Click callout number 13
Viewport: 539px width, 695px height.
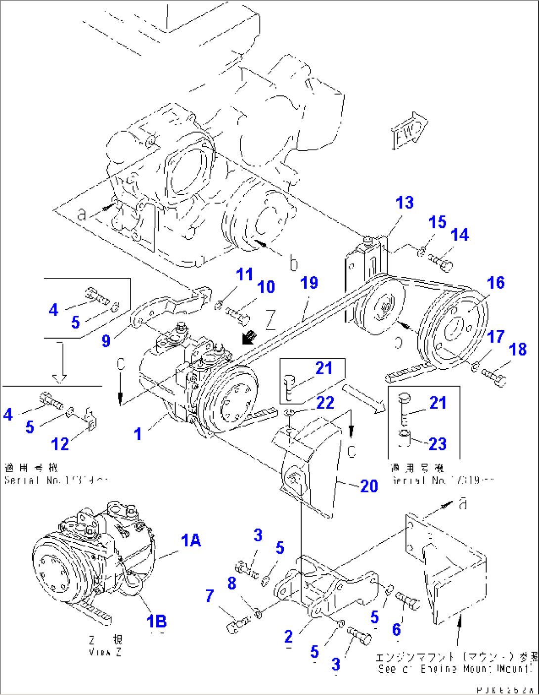[404, 203]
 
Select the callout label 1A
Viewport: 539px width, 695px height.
[191, 541]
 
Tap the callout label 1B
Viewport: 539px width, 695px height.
[157, 621]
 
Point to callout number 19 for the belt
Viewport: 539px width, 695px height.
[309, 283]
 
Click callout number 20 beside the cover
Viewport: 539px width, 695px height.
[369, 486]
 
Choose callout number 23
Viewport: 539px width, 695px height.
[437, 444]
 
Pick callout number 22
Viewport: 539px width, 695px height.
[325, 403]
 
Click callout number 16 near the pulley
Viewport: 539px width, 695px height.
[495, 283]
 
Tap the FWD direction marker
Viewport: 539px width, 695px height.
[409, 131]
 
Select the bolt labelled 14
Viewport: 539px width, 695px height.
[440, 262]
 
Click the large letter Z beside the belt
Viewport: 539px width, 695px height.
[270, 320]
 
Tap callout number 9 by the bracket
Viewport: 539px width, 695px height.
[106, 341]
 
